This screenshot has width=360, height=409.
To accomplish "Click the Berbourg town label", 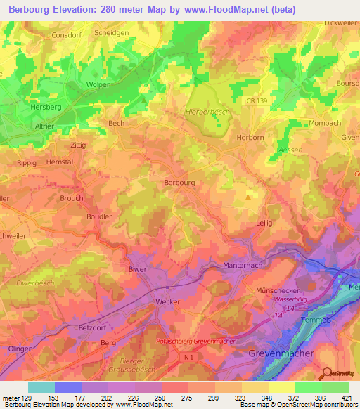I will tap(179, 182).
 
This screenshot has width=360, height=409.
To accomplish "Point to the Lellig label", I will tap(264, 223).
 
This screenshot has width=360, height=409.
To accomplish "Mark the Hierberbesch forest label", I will tap(207, 112).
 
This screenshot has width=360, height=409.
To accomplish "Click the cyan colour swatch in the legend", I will tap(41, 387).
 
